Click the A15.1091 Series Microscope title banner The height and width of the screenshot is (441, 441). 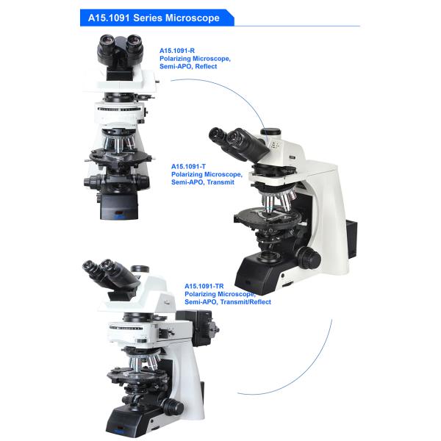[x=157, y=18]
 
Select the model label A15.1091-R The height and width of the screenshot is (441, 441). [x=177, y=51]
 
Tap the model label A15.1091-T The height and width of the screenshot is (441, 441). [x=188, y=167]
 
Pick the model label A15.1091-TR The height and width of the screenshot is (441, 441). [x=204, y=287]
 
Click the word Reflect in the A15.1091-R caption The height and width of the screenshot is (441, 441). [x=206, y=66]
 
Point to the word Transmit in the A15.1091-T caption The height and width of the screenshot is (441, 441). [x=220, y=182]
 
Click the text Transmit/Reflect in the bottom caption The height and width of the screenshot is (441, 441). [x=245, y=302]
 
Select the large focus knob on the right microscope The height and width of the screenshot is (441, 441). [x=309, y=258]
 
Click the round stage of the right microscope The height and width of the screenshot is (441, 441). [x=268, y=217]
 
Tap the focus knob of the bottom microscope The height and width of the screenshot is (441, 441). [x=173, y=406]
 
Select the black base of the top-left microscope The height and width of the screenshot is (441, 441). [x=119, y=207]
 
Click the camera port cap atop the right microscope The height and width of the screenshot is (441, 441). [x=270, y=132]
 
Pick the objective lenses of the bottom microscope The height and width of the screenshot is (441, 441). [x=143, y=363]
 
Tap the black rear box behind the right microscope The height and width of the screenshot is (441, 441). [x=353, y=239]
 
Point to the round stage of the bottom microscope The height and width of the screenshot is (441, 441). [x=135, y=376]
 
